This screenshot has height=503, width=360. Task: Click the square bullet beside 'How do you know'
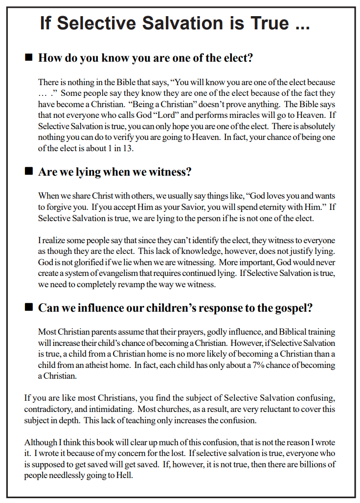point(28,58)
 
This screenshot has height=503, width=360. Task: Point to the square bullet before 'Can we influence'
point(28,307)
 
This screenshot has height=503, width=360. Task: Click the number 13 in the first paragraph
point(128,148)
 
